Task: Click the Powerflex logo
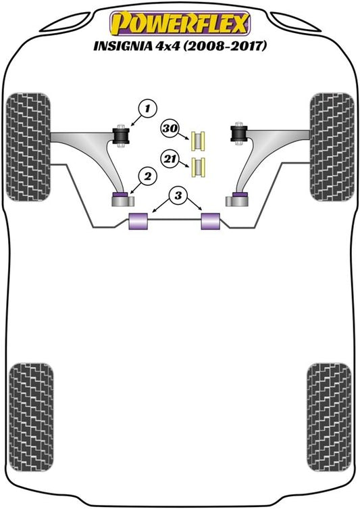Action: coord(180,24)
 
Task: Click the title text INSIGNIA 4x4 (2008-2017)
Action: coord(180,46)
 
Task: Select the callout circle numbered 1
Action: coord(147,108)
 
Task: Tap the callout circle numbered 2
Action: coord(147,176)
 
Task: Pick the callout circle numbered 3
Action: coord(178,196)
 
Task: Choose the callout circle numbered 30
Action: coord(170,128)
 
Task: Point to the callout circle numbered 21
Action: coord(170,159)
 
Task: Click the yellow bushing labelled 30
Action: coord(199,141)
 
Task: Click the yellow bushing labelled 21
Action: coord(199,167)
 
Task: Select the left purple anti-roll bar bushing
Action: coord(138,221)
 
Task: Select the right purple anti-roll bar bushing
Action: coord(211,221)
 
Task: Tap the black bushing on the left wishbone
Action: coord(121,137)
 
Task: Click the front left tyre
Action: coord(28,147)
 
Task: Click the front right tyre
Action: coord(332,147)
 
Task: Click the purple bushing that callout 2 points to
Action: coord(120,195)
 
